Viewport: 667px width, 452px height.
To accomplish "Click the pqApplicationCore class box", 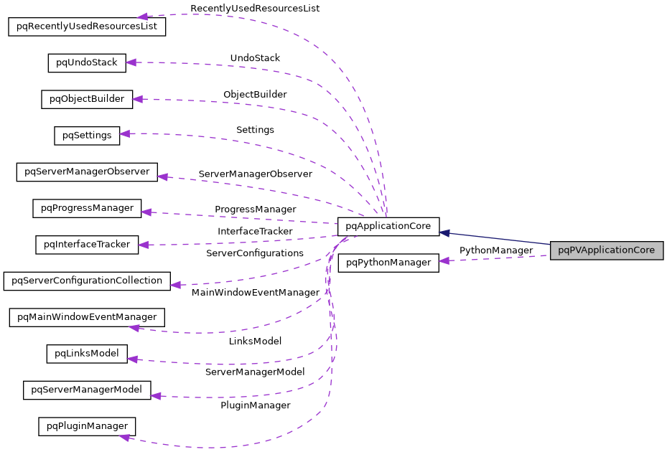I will coord(388,227).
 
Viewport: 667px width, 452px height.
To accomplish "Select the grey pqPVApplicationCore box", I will coord(606,251).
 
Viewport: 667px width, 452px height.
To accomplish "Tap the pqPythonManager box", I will coord(388,263).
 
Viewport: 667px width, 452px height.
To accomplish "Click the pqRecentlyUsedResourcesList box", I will coord(87,27).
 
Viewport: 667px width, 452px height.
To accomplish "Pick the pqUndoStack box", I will coord(87,62).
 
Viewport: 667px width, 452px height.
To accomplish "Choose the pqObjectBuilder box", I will coord(87,99).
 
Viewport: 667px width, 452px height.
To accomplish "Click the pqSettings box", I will coord(87,135).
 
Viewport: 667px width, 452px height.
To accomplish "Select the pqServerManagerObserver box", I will coord(87,172).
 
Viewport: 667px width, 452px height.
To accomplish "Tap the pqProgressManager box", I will coord(87,209).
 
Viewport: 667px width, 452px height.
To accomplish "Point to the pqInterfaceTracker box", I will coord(87,245).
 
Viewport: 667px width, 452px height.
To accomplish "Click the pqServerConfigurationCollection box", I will coord(87,281).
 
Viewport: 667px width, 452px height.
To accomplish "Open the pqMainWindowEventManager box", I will coord(87,317).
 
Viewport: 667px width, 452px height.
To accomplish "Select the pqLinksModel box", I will coord(87,354).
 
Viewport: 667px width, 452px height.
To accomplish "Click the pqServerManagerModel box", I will coord(87,390).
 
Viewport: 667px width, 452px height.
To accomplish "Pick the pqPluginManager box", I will coord(87,427).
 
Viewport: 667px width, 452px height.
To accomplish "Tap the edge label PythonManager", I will coord(496,250).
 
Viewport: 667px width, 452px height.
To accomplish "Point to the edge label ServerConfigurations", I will coord(255,253).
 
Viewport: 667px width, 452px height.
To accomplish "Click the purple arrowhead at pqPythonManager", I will coord(444,261).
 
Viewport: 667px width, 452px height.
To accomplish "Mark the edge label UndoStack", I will coord(255,57).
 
